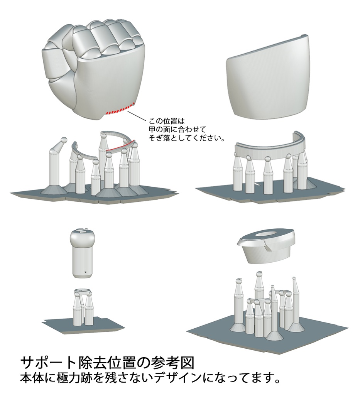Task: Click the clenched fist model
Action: point(95,69)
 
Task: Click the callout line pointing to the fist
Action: point(137,116)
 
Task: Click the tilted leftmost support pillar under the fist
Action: point(54,166)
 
